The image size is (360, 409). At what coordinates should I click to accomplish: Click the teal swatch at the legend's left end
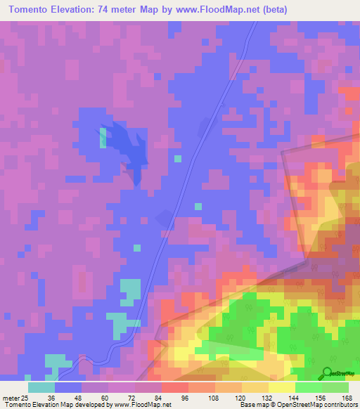[41, 387]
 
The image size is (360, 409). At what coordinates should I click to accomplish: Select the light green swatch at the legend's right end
[335, 387]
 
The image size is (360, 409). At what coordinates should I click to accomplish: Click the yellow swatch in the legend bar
[282, 387]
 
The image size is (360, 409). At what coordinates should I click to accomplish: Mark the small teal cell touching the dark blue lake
[103, 137]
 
